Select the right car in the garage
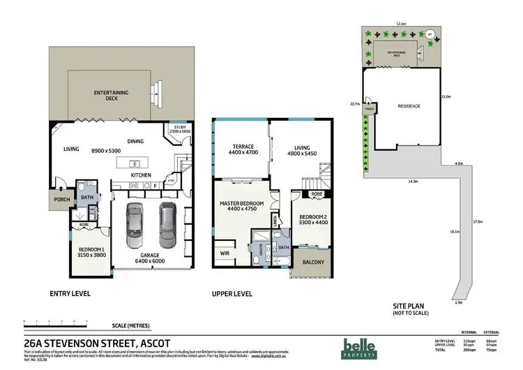pos(165,225)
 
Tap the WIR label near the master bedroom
pos(225,253)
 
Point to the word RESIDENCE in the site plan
pos(409,106)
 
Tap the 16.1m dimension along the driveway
pos(453,231)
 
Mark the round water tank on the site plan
pos(430,34)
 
